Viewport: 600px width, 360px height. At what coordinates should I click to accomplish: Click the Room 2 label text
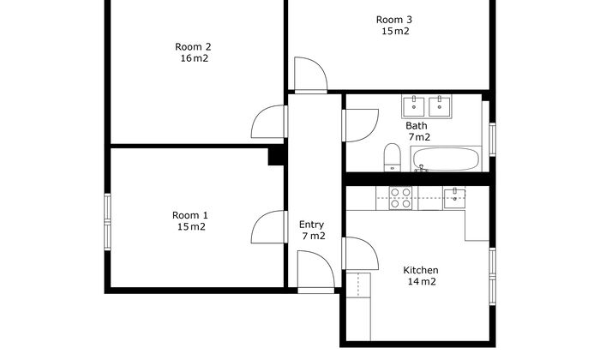193,47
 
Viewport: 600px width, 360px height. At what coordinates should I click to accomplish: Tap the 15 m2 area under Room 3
395,32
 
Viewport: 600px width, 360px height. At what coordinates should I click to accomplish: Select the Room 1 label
190,215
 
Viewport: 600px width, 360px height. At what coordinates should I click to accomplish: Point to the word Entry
311,225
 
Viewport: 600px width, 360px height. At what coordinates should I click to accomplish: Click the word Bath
417,125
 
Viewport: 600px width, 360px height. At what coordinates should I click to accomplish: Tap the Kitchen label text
421,270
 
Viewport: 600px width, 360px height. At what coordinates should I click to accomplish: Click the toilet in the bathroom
393,158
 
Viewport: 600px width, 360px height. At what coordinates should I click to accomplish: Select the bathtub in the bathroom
446,159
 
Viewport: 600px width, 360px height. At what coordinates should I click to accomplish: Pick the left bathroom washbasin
413,107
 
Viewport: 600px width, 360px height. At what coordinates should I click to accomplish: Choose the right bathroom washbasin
440,107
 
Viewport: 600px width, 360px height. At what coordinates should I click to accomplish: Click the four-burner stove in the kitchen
400,198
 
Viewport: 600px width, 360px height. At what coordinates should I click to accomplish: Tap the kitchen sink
454,198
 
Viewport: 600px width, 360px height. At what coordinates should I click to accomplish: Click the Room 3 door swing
310,75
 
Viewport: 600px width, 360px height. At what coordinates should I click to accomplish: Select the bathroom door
361,125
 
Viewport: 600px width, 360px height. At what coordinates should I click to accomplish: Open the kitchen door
361,253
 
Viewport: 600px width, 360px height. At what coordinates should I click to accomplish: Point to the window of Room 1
107,222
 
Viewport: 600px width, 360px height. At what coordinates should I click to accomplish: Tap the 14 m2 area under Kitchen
422,282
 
